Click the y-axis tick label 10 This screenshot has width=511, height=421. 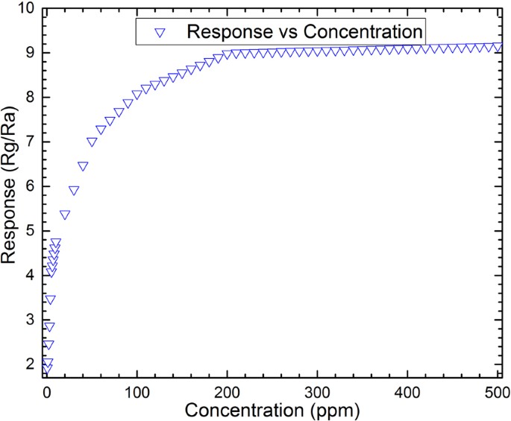(x=25, y=10)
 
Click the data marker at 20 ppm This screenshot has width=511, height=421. (x=65, y=215)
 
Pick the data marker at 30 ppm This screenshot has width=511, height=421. (x=74, y=191)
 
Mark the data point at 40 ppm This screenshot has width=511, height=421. (x=83, y=167)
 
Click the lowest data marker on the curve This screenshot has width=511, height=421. (x=47, y=370)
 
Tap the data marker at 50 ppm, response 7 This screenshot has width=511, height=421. (x=92, y=142)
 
